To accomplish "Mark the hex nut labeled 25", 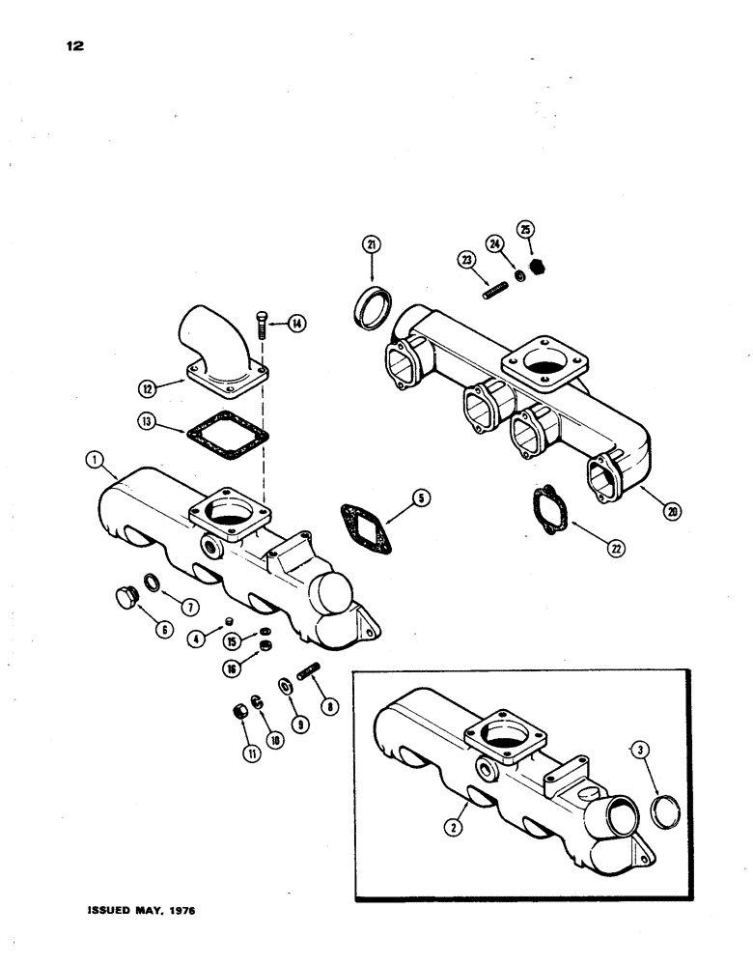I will pyautogui.click(x=539, y=265).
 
